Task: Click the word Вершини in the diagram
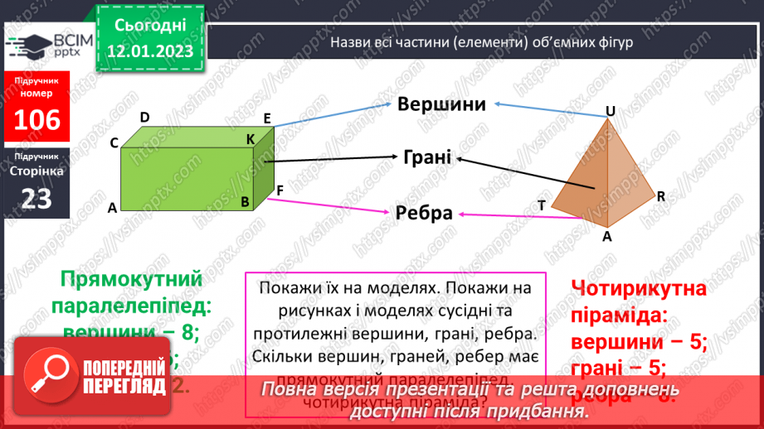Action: (x=440, y=105)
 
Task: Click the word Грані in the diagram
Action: (x=427, y=157)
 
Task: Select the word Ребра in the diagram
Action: (x=424, y=213)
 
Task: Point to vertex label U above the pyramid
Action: (x=610, y=111)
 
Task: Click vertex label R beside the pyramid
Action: (x=661, y=196)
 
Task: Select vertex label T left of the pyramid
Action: (x=541, y=205)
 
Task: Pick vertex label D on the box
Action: (x=144, y=118)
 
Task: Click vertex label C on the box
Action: (x=114, y=142)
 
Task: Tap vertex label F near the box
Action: (x=280, y=190)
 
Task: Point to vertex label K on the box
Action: (x=250, y=139)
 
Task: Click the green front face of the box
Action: (x=187, y=179)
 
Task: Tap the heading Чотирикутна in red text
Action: (x=639, y=289)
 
